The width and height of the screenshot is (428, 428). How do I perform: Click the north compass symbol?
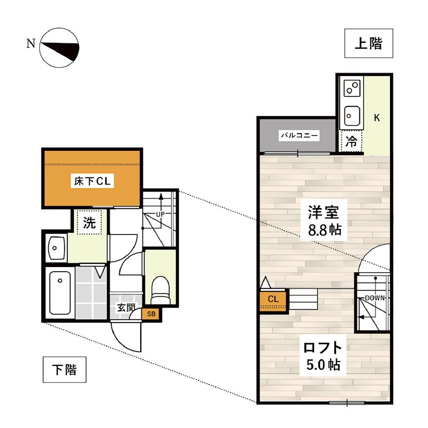pos(59,49)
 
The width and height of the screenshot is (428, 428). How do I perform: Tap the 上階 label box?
pos(369,43)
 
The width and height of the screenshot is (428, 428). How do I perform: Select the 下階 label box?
pos(64,370)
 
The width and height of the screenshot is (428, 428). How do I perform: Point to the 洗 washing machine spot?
pos(89,223)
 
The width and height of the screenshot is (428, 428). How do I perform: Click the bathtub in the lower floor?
pos(59,293)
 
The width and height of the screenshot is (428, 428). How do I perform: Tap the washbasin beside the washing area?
pos(56,248)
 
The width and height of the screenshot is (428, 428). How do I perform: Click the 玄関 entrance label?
pos(126,308)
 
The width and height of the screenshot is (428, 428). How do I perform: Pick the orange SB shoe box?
pos(151,314)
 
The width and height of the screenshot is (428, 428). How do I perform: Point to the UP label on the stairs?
pos(160,215)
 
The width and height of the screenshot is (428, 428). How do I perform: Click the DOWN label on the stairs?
pos(374,297)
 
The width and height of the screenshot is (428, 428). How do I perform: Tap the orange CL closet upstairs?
pos(273,300)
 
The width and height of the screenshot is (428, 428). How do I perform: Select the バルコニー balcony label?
pos(300,136)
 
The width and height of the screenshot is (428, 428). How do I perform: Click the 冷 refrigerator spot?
pos(351,142)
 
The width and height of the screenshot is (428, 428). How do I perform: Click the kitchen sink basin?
pos(351,114)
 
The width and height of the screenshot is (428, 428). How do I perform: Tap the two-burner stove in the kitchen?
pos(351,87)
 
